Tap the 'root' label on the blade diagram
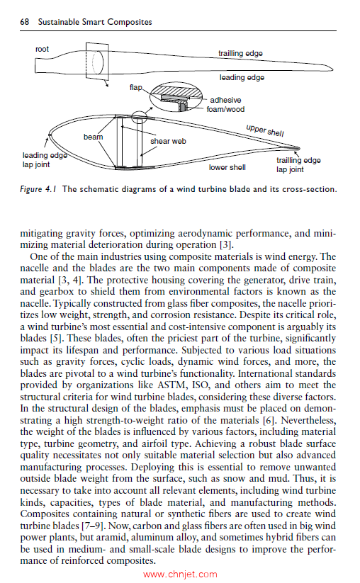tap(43, 49)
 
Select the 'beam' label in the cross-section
tap(93, 136)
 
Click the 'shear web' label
tap(168, 141)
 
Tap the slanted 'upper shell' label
tap(264, 133)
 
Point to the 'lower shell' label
tap(227, 168)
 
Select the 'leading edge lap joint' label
tap(42, 159)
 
